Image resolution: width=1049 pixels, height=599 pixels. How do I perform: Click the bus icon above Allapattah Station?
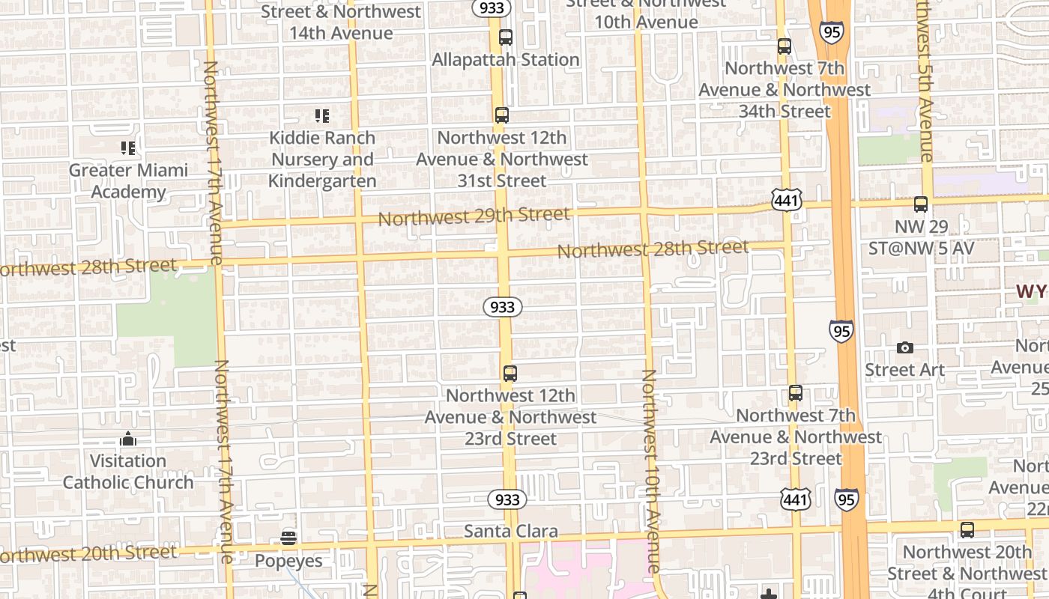click(x=506, y=37)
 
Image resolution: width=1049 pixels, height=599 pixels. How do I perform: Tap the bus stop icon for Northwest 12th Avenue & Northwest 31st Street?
click(x=502, y=115)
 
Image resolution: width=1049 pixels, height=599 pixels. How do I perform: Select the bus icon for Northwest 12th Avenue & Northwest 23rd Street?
click(x=510, y=373)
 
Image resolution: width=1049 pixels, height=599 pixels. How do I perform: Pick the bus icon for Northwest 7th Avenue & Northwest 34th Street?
click(x=785, y=46)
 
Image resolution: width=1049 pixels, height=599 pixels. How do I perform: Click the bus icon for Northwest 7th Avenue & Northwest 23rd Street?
click(x=796, y=392)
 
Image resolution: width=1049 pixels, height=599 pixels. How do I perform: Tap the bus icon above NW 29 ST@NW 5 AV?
click(x=921, y=204)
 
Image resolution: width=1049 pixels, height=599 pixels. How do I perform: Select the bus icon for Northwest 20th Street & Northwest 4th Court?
click(x=967, y=530)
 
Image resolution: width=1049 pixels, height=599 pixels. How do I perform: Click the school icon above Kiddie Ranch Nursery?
click(x=322, y=116)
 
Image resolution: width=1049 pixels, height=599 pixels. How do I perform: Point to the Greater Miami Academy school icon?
click(x=128, y=148)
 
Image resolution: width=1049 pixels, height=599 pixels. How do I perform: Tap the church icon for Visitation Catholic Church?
click(x=128, y=439)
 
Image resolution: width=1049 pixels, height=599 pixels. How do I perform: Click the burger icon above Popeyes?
click(x=288, y=538)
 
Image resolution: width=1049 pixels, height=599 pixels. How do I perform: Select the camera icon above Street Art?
click(x=905, y=348)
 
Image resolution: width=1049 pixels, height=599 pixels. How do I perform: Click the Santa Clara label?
click(x=510, y=532)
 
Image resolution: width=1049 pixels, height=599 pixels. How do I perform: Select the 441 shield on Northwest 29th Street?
click(x=785, y=199)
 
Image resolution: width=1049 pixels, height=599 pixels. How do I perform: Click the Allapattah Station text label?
click(x=506, y=60)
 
